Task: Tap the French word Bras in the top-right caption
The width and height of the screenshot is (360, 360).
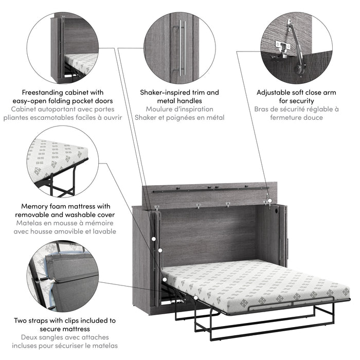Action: coord(263,109)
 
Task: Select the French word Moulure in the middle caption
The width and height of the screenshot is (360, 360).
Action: coord(160,109)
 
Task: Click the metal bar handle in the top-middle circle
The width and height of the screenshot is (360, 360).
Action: coord(181,48)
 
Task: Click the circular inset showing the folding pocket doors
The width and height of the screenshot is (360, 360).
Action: coord(62,47)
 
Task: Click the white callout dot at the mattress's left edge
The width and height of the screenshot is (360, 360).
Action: coord(163,280)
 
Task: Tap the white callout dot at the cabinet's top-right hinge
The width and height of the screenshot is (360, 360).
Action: coord(269,204)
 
